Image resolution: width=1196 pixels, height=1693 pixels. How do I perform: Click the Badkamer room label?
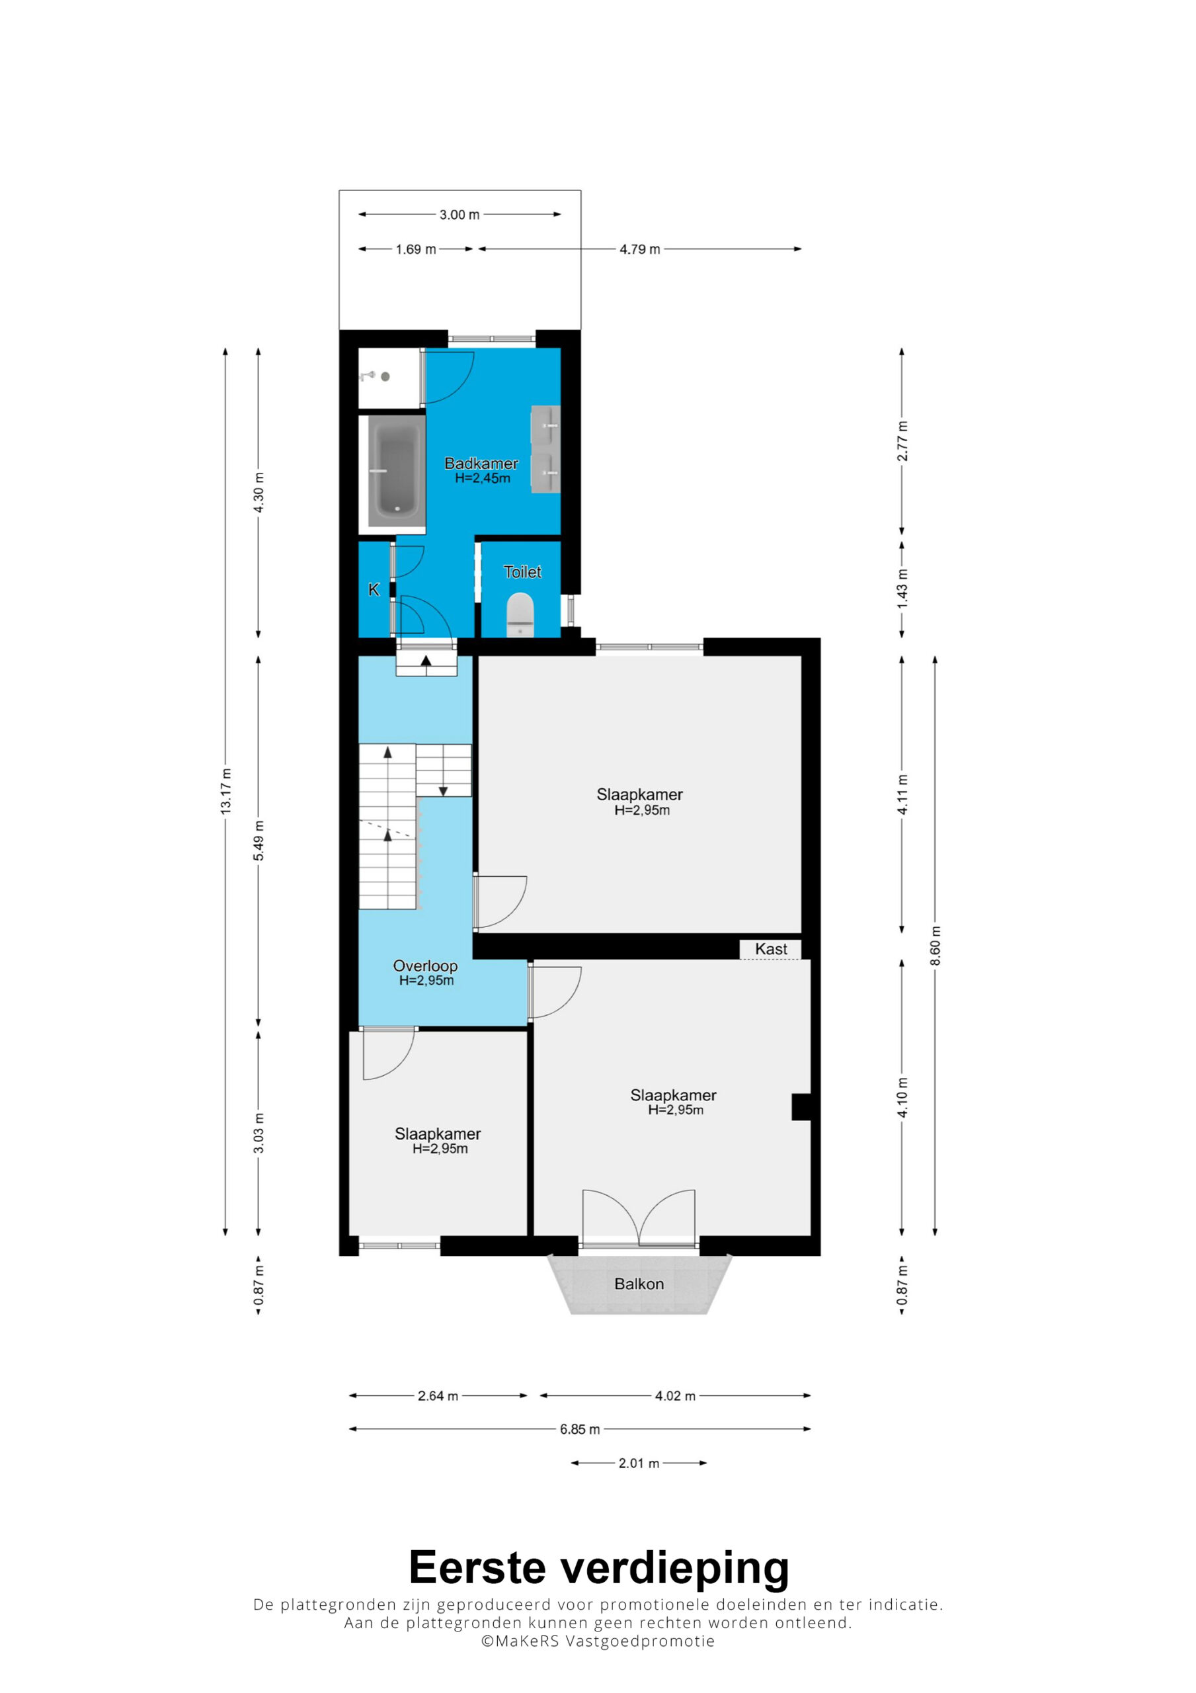[481, 463]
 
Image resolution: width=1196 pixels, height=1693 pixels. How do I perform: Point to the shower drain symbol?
[385, 376]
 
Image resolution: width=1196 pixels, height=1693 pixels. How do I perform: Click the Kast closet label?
[770, 949]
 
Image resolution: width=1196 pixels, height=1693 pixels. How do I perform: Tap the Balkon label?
[639, 1284]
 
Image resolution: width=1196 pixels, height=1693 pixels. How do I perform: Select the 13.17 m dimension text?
[225, 791]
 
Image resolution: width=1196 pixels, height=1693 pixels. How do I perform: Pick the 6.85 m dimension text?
[580, 1429]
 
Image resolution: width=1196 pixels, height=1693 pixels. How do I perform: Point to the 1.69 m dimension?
[416, 249]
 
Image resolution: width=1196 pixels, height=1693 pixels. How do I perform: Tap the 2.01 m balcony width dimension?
[639, 1463]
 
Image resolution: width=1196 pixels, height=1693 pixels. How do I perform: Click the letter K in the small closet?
[374, 589]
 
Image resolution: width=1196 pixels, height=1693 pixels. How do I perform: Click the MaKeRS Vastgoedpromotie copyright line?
[598, 1641]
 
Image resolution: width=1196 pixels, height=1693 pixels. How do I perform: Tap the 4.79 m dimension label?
[639, 249]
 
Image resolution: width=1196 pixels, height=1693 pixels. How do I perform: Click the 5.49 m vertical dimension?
[259, 840]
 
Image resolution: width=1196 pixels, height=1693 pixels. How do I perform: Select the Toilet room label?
[522, 571]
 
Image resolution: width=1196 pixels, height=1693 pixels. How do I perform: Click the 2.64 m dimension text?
[438, 1396]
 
